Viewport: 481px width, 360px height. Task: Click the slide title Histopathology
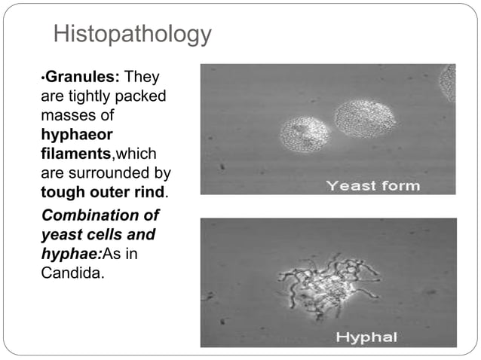(x=133, y=35)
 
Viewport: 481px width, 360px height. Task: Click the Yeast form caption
(x=372, y=186)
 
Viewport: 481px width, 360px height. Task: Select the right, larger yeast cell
(x=364, y=119)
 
